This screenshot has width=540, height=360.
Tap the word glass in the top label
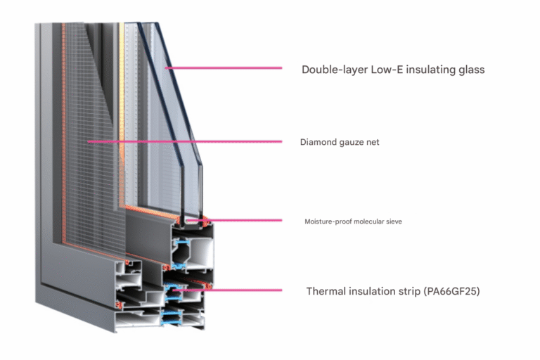pos(470,70)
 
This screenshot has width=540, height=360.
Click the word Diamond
pos(316,142)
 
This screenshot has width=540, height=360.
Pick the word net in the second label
pos(373,142)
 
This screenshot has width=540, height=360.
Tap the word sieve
pos(394,221)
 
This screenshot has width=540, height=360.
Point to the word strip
pos(409,291)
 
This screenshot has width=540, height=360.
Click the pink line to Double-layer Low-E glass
pos(225,69)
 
